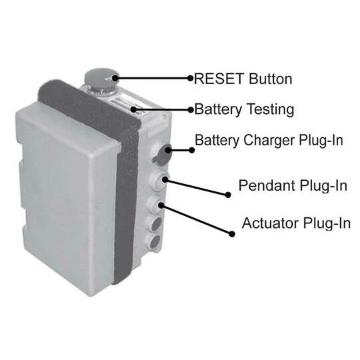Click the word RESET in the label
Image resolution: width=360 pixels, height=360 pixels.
(219, 79)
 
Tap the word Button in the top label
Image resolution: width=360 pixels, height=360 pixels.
(271, 79)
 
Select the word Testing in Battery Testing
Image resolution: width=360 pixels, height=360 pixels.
(271, 109)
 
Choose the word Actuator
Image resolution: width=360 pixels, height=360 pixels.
(270, 223)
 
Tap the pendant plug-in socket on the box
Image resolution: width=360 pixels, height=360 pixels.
(159, 181)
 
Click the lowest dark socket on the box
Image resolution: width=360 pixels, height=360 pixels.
(154, 241)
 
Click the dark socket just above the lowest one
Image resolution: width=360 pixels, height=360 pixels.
(157, 224)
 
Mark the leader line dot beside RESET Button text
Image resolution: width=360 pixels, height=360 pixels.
(190, 78)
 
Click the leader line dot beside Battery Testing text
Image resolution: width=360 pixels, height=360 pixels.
(191, 110)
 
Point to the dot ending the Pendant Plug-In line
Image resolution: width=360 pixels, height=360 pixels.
(228, 195)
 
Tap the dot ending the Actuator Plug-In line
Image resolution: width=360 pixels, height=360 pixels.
(232, 234)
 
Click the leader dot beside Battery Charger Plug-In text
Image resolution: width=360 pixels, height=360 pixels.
(192, 151)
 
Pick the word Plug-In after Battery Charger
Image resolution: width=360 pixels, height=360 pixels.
(321, 140)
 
